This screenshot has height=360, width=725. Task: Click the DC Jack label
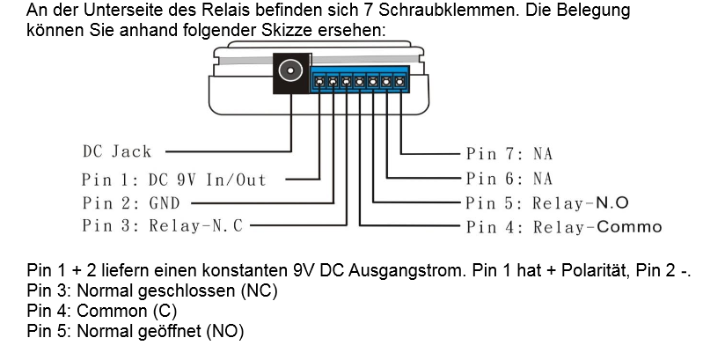coord(116,151)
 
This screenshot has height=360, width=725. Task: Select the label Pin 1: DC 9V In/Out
coord(173,180)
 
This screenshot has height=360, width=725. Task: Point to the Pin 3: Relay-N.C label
coord(162,225)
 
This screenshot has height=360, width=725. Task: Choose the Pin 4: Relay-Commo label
coord(563,227)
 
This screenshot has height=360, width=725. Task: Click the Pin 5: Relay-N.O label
coord(546,203)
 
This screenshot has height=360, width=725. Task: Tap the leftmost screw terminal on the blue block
coord(320,83)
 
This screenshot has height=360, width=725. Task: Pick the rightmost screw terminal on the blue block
coord(400,83)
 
